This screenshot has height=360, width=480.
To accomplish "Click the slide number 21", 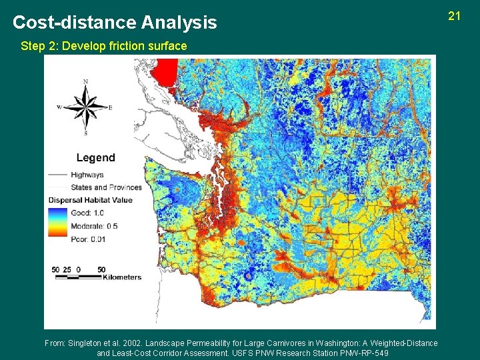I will (x=455, y=15).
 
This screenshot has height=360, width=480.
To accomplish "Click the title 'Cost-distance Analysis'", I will (x=115, y=23).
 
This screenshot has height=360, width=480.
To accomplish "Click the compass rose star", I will (x=85, y=107).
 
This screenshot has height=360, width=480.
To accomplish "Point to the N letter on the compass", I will (x=85, y=82).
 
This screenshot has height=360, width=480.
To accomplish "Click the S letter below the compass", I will (x=85, y=133).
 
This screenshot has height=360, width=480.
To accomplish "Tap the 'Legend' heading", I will (x=95, y=158).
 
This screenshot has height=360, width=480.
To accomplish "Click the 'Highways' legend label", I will (x=87, y=175).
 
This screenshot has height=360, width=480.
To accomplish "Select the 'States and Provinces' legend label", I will (x=106, y=187).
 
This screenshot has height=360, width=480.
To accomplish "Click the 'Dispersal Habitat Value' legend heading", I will (x=91, y=200).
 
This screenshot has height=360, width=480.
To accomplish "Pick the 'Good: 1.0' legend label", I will (x=89, y=213).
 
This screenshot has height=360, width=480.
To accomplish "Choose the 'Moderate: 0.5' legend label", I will (x=94, y=226).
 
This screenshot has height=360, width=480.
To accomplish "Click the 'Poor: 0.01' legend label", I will (x=89, y=239).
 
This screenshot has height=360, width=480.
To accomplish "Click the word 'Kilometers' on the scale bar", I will (x=121, y=277).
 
